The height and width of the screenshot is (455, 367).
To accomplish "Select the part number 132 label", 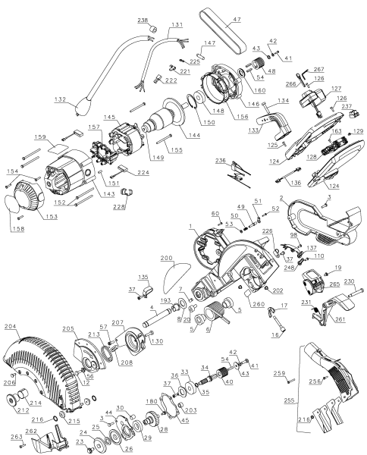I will (x=61, y=99).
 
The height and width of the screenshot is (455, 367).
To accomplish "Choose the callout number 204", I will (x=11, y=328).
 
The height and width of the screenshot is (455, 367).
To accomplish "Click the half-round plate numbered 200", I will (x=180, y=269).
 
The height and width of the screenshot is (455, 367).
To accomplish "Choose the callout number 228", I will (x=119, y=206).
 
